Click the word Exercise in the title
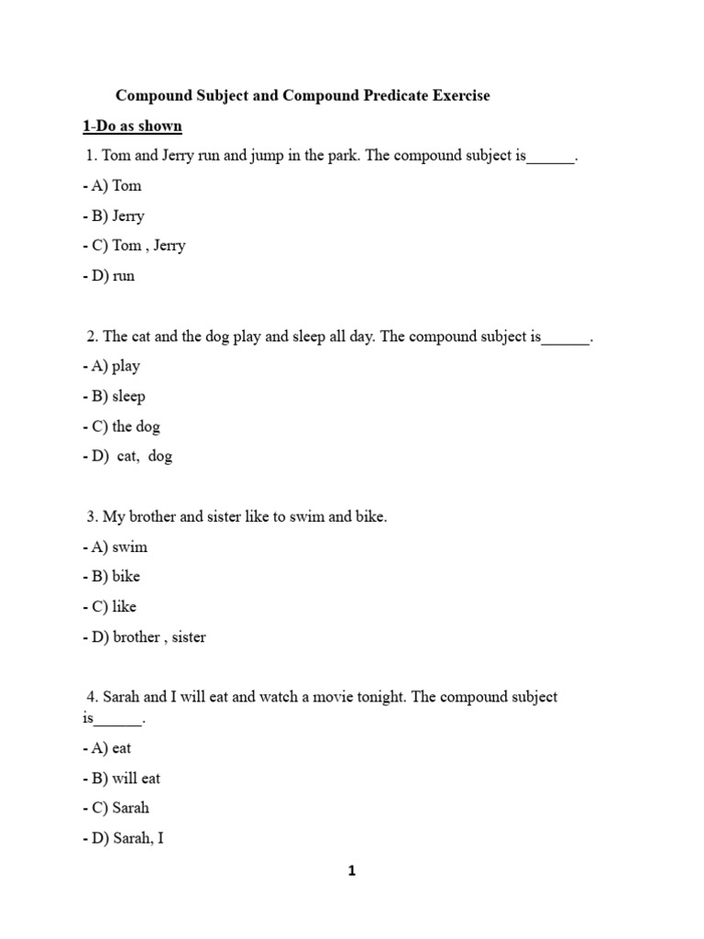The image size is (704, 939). [x=456, y=95]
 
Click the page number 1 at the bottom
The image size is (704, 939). [x=352, y=872]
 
